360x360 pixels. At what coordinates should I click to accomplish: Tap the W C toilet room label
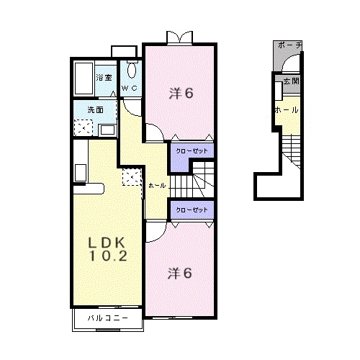coord(130,88)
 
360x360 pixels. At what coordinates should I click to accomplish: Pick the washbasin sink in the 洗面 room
coord(107,130)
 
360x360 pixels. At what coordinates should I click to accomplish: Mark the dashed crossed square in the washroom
coord(84,127)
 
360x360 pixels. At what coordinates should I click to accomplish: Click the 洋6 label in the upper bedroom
coord(181,94)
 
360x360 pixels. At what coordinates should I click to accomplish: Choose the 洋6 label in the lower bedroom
coord(180,274)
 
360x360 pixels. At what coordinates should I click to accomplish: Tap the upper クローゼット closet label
coord(192,152)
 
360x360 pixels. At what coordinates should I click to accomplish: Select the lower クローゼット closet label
coord(192,210)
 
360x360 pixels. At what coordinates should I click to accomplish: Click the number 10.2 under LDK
coord(109,256)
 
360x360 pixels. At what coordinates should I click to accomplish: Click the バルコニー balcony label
coord(108,318)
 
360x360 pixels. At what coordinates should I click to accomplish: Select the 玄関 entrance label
coord(290,81)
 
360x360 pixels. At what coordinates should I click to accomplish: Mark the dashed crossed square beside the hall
coord(132,177)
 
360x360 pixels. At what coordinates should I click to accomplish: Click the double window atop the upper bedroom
coord(179,37)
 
